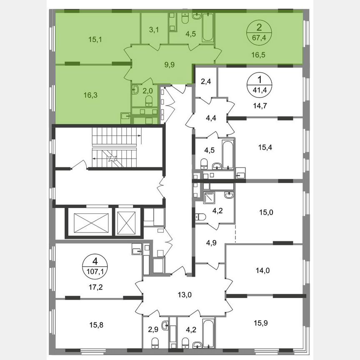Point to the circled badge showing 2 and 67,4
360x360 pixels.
(259, 33)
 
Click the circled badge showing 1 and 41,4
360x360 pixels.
(260, 84)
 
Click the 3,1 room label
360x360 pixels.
(154, 30)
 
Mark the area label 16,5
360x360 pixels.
(258, 54)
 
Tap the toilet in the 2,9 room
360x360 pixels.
(155, 342)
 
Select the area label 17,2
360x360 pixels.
(95, 286)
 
